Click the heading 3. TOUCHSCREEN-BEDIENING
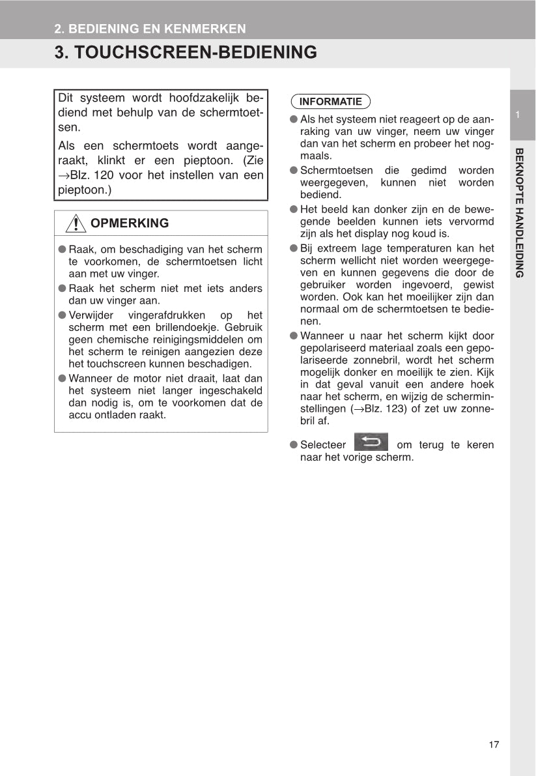coord(186,53)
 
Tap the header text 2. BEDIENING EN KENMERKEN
coord(150,29)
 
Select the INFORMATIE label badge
coord(330,102)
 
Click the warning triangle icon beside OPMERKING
coord(76,223)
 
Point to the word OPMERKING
coord(130,223)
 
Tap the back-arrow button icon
coord(371,442)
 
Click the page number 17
coord(493,745)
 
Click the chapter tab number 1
coord(517,115)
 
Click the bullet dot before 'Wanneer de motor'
coord(63,378)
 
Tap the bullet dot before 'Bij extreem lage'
coord(294,248)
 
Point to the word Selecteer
coord(323,445)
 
